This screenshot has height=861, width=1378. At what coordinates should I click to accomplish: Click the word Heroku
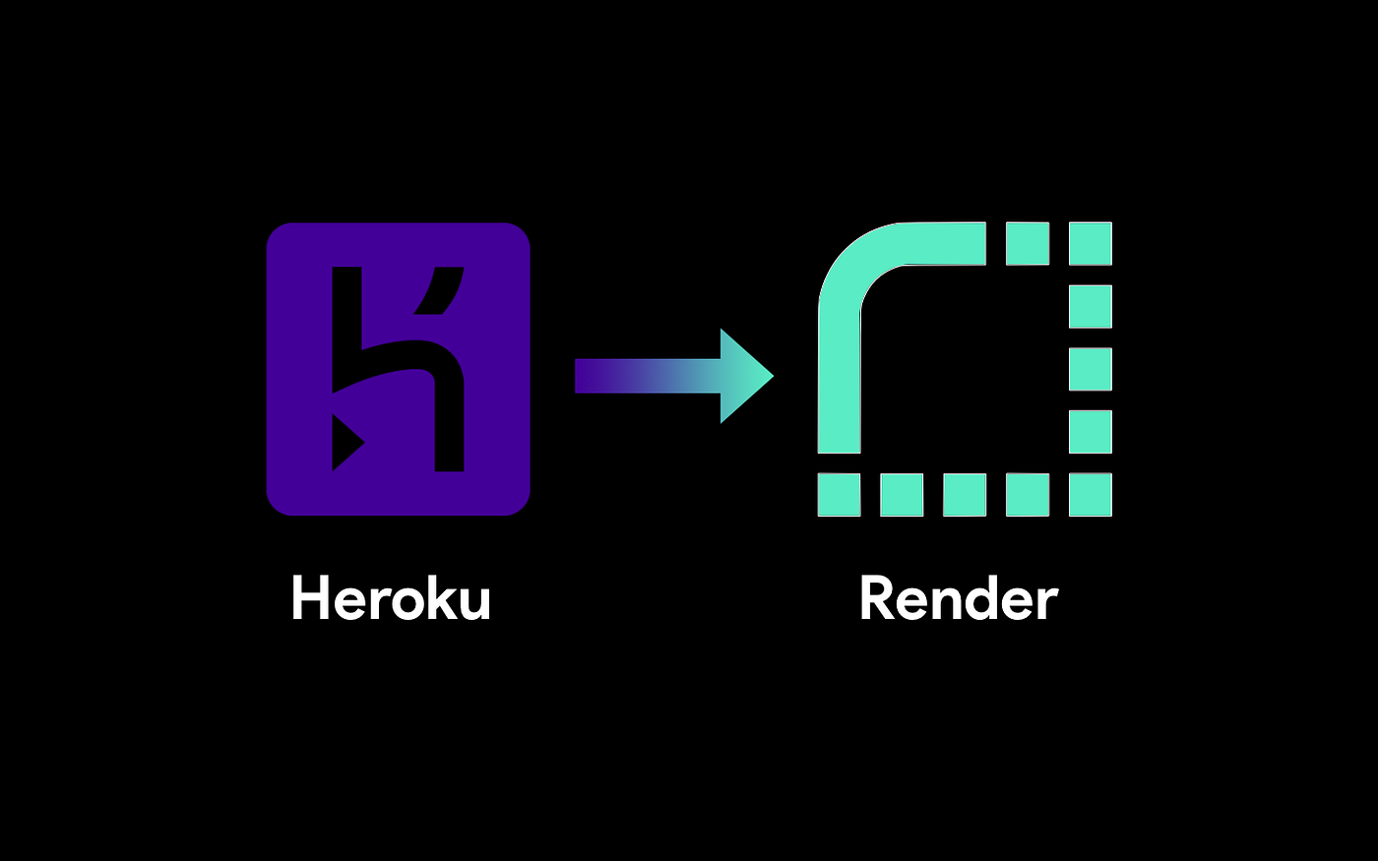point(391,598)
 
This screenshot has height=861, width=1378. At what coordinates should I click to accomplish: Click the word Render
point(958,598)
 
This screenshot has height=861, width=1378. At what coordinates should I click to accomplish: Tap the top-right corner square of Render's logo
point(1091,244)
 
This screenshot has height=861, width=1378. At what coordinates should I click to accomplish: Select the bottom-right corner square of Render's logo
point(1091,494)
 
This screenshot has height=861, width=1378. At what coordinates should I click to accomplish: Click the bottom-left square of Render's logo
point(839,494)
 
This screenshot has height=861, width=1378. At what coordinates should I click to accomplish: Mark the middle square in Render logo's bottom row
point(965,494)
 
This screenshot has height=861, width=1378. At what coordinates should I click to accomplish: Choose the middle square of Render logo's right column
point(1091,369)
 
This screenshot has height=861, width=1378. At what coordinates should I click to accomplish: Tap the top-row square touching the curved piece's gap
point(1028,244)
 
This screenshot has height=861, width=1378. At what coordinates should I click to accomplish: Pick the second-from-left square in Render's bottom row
point(902,494)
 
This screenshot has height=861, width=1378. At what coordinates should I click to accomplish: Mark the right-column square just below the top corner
point(1091,306)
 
